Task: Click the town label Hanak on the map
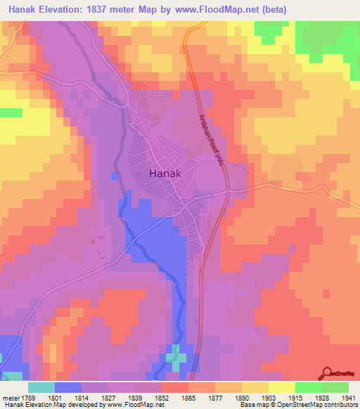(166, 174)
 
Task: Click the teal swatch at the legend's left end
(41, 387)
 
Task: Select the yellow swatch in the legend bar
(281, 387)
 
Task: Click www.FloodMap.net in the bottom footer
(137, 404)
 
